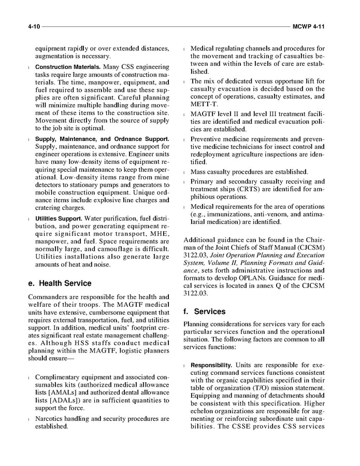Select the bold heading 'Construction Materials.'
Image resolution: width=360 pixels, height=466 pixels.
click(68, 67)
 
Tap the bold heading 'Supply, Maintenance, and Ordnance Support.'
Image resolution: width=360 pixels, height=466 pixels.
click(102, 139)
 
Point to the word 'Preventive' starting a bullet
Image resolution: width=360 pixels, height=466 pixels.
click(208, 139)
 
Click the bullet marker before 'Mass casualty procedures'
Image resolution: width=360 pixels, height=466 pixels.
click(185, 172)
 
